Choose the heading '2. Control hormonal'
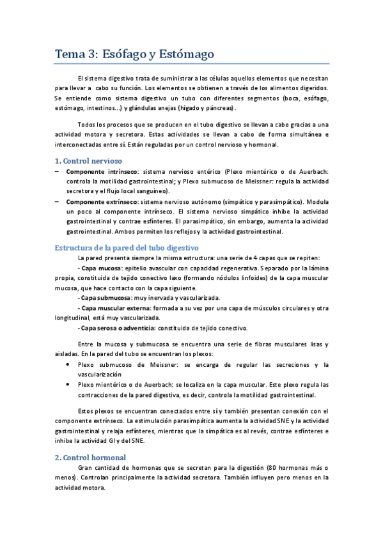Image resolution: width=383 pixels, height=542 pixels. [x=90, y=457]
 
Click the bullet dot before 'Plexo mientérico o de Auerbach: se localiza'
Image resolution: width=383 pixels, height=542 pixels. [x=68, y=385]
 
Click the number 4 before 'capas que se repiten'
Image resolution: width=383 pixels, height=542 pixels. [x=267, y=258]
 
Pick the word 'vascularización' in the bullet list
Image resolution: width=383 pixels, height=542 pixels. [x=100, y=375]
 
